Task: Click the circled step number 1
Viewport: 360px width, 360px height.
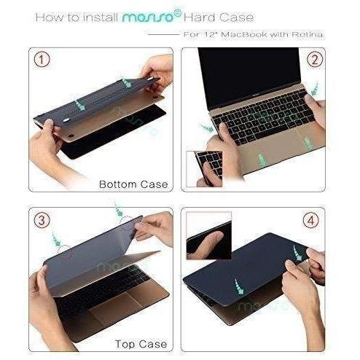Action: pos(42,60)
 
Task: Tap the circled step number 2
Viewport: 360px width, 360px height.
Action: pos(315,60)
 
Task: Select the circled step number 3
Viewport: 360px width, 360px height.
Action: pos(42,220)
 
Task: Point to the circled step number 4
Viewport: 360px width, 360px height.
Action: pos(311,220)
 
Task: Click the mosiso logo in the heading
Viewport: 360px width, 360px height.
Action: pos(152,17)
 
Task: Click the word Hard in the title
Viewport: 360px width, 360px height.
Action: pos(199,17)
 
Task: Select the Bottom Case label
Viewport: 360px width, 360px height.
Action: pos(133,184)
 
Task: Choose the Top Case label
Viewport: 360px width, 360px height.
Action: pos(141,344)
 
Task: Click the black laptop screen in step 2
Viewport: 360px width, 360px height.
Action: pos(249,76)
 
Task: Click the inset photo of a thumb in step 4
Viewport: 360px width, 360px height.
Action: pos(209,235)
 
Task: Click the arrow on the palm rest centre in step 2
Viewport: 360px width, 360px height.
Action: pos(261,160)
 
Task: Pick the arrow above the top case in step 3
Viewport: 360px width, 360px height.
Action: pos(119,209)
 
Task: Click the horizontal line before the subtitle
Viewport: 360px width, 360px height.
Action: pos(164,34)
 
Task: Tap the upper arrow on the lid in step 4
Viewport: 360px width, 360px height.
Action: pos(297,254)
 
